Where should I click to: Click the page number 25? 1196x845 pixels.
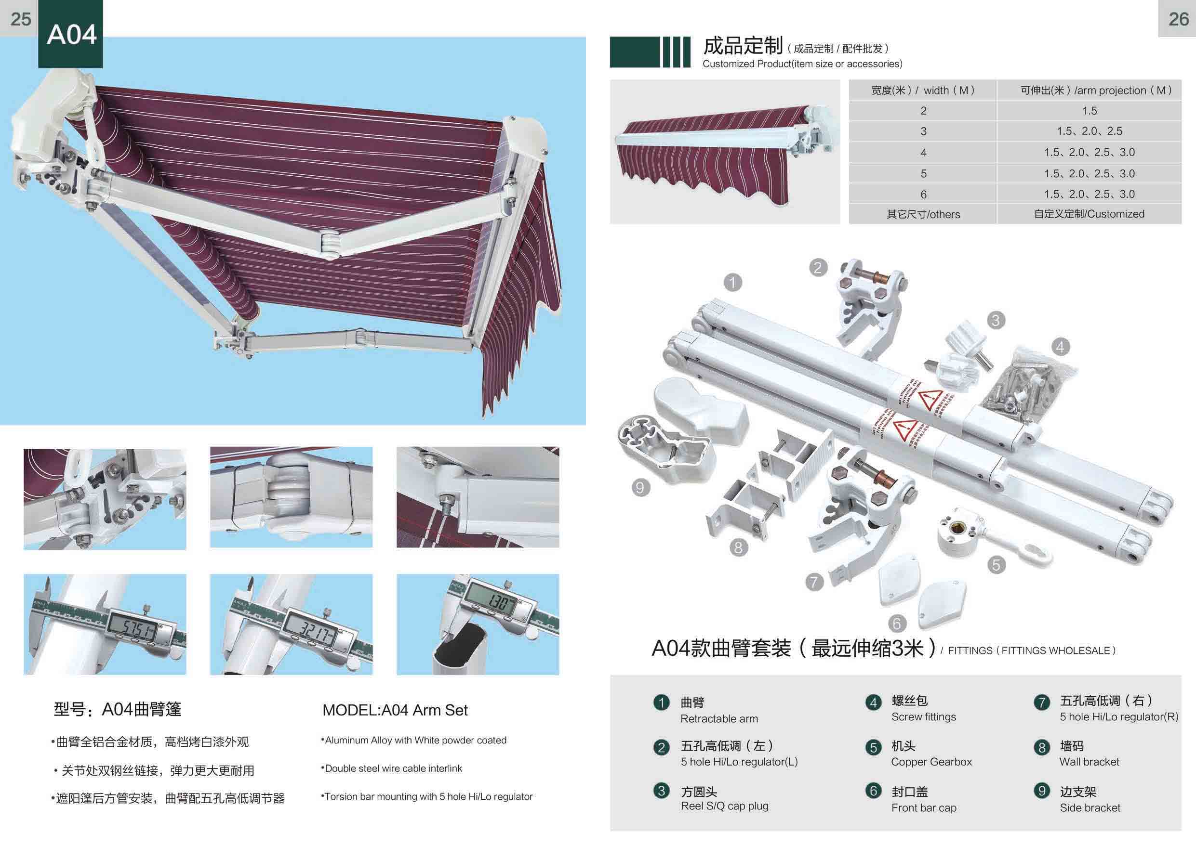tap(21, 19)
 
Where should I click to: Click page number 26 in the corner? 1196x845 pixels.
tap(1178, 19)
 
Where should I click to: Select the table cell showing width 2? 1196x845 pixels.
tap(923, 111)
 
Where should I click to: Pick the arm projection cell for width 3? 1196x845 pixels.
tap(1089, 131)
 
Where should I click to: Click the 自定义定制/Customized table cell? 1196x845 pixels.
tap(1089, 214)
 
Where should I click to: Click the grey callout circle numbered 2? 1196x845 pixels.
tap(818, 268)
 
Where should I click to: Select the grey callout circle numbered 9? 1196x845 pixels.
tap(640, 488)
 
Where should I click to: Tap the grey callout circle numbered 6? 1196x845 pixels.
tap(896, 623)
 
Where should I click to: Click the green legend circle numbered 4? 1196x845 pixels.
tap(874, 703)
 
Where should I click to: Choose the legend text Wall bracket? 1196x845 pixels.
tap(1089, 762)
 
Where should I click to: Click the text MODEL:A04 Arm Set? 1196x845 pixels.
tap(395, 710)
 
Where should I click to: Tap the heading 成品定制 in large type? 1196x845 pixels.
tap(743, 46)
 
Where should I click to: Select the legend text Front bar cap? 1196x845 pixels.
tap(924, 807)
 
